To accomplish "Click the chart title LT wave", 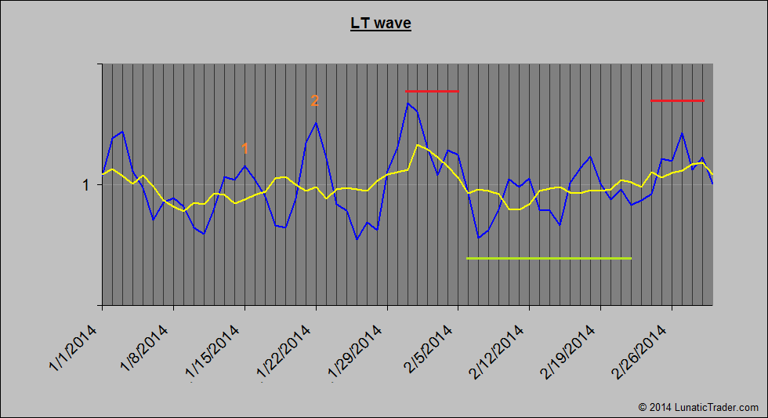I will [380, 24].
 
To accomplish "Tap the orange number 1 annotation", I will [245, 148].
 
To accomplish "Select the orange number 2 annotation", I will [315, 100].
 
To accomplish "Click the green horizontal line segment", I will [549, 258].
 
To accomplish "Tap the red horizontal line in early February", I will [432, 92].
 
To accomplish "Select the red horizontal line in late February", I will [678, 101].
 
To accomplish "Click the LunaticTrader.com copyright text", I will [698, 407].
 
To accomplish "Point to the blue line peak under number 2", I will [316, 122].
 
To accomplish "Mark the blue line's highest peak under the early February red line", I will [408, 103].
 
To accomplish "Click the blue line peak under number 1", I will [245, 165].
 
